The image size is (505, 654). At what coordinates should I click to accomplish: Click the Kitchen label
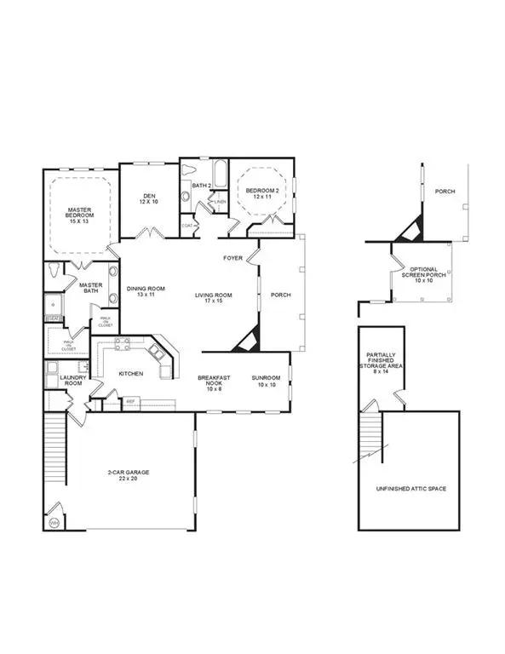130,374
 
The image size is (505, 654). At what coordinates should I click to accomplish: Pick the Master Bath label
91,289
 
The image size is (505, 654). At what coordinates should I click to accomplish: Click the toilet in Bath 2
187,195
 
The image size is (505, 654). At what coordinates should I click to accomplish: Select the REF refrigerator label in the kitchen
131,400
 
